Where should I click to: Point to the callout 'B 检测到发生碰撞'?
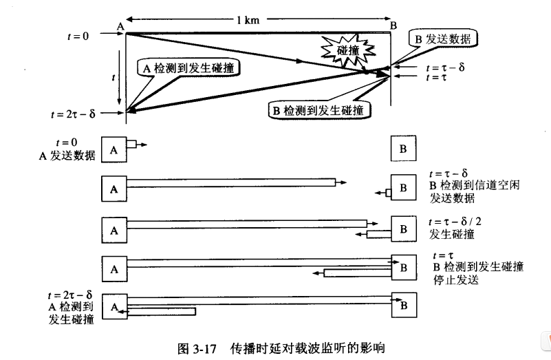320,110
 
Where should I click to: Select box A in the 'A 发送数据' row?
114,148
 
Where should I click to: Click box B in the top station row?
403,148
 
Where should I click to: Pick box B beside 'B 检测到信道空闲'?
403,187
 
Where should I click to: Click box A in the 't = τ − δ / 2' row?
114,228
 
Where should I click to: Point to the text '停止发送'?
454,280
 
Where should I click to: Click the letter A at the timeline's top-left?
120,26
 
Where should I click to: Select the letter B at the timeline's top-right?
393,26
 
